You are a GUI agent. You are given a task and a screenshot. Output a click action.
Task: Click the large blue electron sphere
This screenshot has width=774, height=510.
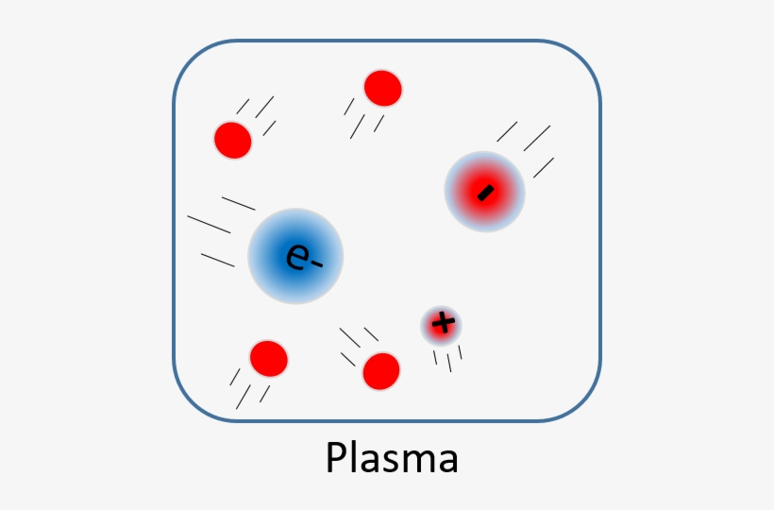pyautogui.click(x=295, y=256)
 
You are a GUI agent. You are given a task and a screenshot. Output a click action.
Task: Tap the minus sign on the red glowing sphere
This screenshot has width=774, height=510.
pyautogui.click(x=485, y=193)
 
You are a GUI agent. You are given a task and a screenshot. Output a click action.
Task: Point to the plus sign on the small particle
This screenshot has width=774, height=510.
pyautogui.click(x=442, y=325)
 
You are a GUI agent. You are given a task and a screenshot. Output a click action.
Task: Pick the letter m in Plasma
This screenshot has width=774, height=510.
pyautogui.click(x=417, y=462)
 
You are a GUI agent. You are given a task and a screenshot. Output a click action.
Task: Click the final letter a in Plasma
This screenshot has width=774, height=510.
pyautogui.click(x=447, y=462)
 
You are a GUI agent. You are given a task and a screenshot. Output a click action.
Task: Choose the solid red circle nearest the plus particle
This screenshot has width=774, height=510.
pyautogui.click(x=381, y=370)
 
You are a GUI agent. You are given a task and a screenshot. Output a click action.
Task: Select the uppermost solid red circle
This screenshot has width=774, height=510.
pyautogui.click(x=382, y=88)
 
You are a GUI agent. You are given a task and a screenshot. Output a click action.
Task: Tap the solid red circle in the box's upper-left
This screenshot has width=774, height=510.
pyautogui.click(x=232, y=141)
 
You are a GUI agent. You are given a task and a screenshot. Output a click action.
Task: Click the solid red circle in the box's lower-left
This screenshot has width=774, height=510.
pyautogui.click(x=268, y=359)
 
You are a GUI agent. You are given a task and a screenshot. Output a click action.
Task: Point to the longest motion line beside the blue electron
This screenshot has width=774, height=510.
pyautogui.click(x=209, y=224)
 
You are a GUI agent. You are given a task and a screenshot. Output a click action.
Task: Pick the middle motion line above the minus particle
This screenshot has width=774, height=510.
pyautogui.click(x=536, y=139)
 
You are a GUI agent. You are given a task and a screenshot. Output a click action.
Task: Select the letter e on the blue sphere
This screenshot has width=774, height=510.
pyautogui.click(x=296, y=257)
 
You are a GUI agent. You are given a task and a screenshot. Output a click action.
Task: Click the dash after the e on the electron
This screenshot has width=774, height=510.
pyautogui.click(x=315, y=263)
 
